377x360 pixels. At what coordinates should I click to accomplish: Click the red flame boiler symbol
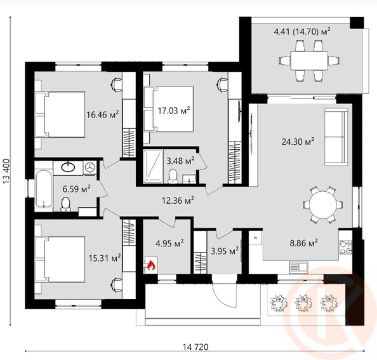[x=151, y=265]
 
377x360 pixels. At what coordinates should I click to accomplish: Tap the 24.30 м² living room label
[x=298, y=142]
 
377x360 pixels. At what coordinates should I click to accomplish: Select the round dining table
[x=323, y=205]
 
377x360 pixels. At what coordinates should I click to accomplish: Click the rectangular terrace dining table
[x=309, y=60]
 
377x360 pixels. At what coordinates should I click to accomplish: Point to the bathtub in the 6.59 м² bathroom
[x=44, y=189]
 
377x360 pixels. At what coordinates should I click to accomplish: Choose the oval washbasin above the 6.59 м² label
[x=68, y=168]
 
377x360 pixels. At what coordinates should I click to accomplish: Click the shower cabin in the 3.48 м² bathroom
[x=153, y=166]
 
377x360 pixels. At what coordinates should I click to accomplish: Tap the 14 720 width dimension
[x=195, y=347]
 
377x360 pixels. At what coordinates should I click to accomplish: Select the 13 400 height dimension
[x=6, y=171]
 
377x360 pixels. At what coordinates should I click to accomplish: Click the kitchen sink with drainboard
[x=298, y=267]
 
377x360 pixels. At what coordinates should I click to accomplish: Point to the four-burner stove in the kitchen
[x=346, y=247]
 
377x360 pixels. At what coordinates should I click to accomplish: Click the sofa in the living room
[x=336, y=137]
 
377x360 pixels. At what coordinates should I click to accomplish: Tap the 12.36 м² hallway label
[x=178, y=200]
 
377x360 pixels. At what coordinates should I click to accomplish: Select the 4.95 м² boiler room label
[x=169, y=243]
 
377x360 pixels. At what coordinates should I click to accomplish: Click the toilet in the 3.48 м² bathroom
[x=173, y=177]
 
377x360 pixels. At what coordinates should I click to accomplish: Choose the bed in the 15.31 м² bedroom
[x=60, y=259]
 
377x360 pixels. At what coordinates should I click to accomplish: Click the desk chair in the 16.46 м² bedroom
[x=116, y=84]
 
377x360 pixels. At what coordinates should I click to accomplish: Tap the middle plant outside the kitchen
[x=303, y=303]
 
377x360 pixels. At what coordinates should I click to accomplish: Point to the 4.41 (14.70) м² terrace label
[x=302, y=32]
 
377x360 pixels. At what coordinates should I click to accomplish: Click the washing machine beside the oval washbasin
[x=90, y=168]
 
